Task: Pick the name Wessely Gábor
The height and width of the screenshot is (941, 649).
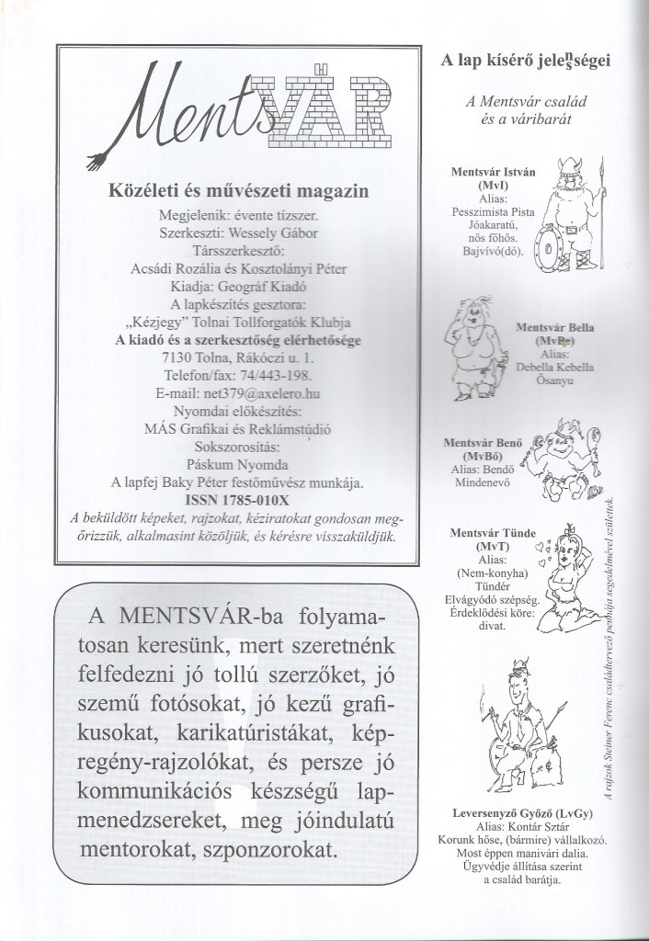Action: tap(271, 233)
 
